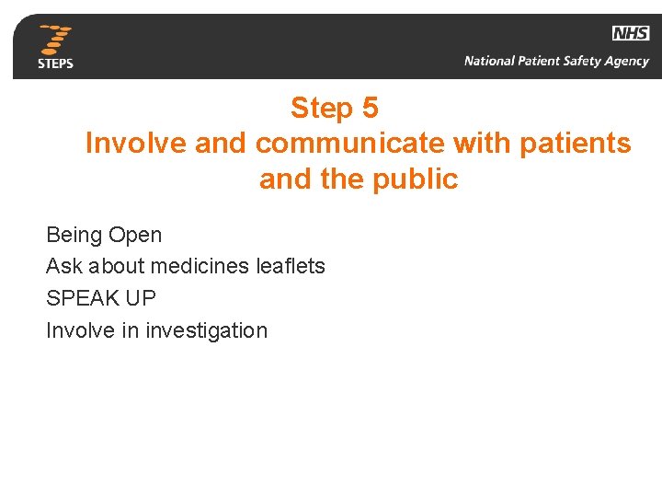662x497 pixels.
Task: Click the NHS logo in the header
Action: coord(631,33)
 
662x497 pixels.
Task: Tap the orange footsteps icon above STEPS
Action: coord(56,40)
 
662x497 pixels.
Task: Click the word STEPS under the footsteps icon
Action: coord(55,64)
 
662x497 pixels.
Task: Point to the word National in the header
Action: coord(490,62)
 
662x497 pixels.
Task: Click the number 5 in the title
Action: coord(370,109)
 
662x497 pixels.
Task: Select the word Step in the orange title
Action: coord(322,109)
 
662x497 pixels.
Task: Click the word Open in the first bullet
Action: coord(135,235)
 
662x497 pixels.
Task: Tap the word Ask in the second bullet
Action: coord(63,266)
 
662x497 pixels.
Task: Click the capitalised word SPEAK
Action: coord(81,298)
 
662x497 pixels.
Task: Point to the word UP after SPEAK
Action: coord(139,298)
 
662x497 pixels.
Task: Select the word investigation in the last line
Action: coord(206,330)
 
